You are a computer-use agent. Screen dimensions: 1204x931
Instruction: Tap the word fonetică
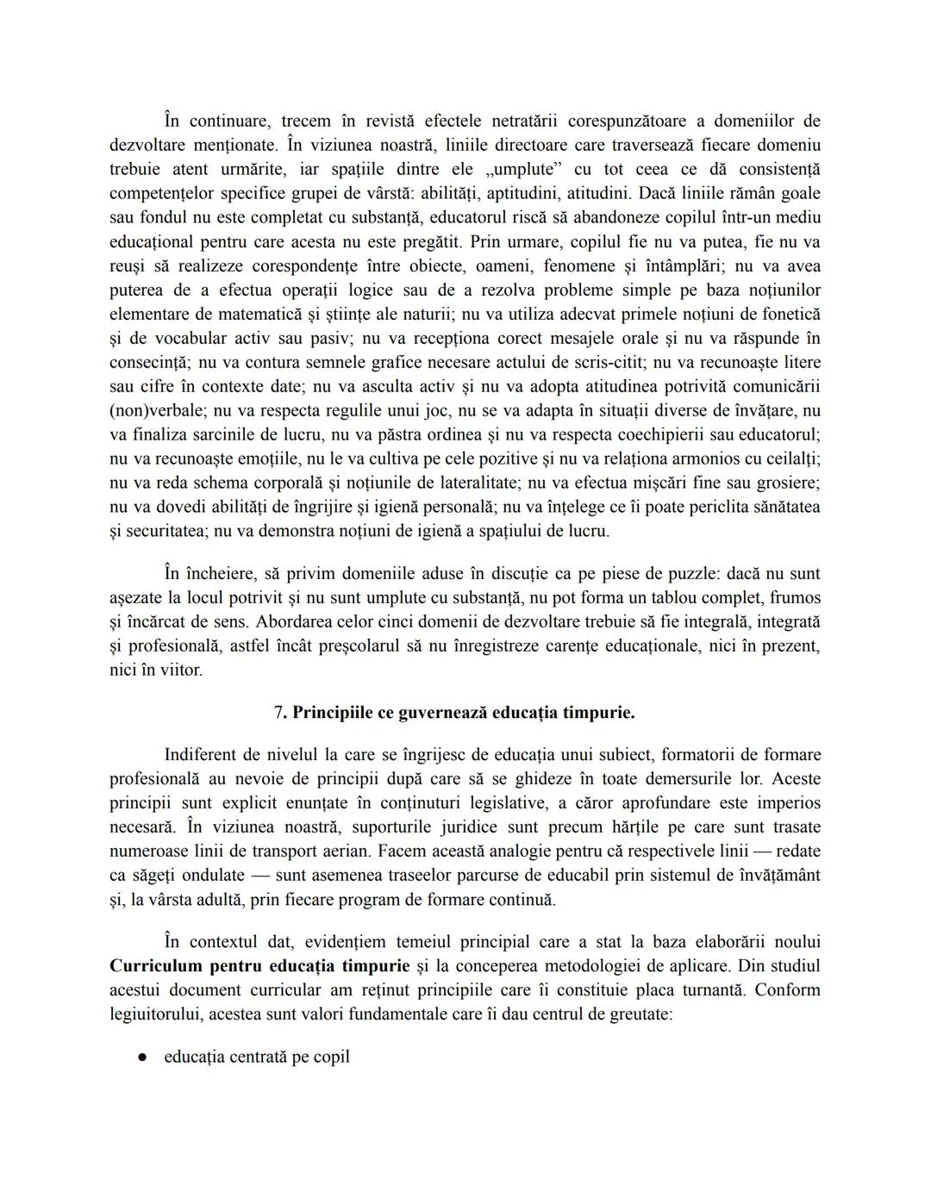point(784,314)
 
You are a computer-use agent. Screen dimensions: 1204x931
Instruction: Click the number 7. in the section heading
point(281,713)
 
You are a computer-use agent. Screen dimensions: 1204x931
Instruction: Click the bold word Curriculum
point(155,965)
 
